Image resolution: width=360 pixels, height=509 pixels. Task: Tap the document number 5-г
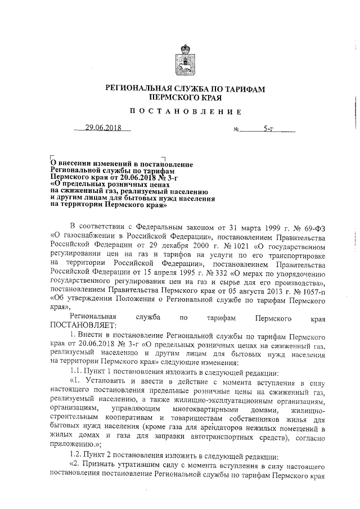[x=267, y=129]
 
